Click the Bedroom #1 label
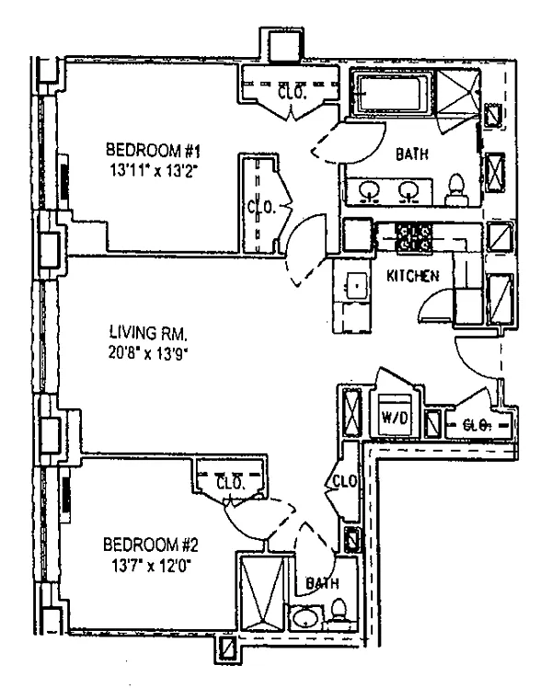coord(153,150)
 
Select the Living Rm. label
coord(148,333)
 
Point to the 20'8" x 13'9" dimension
coord(147,353)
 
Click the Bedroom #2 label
coord(150,544)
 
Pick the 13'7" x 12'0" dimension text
coord(151,566)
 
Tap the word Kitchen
coord(412,276)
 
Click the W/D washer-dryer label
coord(395,418)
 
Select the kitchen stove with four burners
coord(414,237)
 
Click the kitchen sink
coord(357,286)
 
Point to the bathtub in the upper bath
coord(392,94)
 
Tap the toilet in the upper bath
coord(456,189)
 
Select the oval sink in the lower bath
coord(305,617)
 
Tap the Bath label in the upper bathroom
coord(412,154)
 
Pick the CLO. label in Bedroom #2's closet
coord(230,483)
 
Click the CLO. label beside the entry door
coord(477,425)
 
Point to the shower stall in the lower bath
coord(261,592)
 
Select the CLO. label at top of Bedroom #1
coord(292,93)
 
